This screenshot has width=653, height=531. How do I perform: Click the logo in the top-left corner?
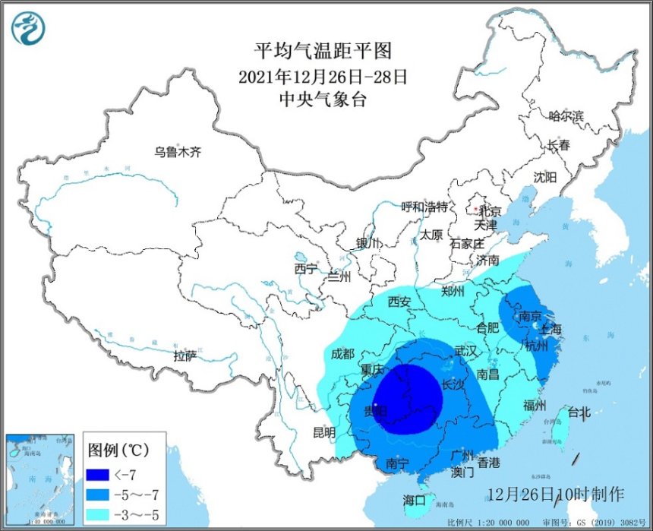[x=28, y=28]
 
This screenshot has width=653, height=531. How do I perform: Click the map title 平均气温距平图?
[x=323, y=51]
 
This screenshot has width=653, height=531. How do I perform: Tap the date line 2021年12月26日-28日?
[x=323, y=76]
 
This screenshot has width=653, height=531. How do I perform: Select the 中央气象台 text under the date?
[x=323, y=100]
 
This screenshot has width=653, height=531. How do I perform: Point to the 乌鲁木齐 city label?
[x=177, y=152]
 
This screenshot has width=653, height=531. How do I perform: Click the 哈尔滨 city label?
[x=566, y=116]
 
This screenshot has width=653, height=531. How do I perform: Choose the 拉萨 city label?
[x=185, y=356]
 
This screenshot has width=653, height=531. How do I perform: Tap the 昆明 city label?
[x=324, y=432]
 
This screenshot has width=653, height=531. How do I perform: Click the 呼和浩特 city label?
[x=424, y=207]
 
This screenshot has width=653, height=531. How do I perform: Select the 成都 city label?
[x=342, y=353]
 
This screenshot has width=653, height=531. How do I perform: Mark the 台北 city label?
[x=579, y=412]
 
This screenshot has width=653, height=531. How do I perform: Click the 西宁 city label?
[x=306, y=268]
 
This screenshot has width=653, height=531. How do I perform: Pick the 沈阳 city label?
[x=544, y=177]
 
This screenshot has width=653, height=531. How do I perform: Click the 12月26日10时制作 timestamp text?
[x=556, y=494]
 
